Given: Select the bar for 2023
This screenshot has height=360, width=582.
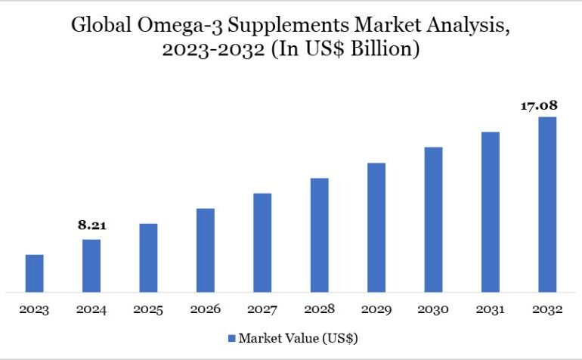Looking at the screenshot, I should point(34,273).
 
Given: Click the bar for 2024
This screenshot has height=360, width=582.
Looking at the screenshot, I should point(91,265).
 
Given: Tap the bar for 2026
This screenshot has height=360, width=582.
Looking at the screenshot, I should point(206,250).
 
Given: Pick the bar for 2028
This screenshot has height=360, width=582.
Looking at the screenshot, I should point(319,234).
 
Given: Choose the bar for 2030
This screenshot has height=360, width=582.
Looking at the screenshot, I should point(433,219).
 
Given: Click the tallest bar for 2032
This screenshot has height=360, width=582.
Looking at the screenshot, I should point(547,204).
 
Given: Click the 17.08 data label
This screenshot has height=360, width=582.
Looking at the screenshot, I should point(538,105).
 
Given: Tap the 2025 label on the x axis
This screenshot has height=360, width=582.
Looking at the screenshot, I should point(148,309).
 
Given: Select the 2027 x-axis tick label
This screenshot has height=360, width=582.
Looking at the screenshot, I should point(262,309).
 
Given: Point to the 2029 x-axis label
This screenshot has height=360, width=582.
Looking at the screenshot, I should point(376,309).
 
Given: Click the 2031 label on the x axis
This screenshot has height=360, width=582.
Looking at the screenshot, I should point(491,309).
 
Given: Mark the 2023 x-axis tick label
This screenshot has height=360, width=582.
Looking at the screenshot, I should point(34,309).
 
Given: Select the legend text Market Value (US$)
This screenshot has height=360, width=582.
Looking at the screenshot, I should point(299,337).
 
